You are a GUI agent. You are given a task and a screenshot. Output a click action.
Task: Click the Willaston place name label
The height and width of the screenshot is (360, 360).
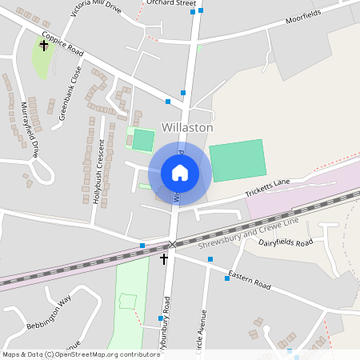point(187,127)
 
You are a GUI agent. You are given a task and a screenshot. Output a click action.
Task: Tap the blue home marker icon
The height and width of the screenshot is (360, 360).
point(180,173)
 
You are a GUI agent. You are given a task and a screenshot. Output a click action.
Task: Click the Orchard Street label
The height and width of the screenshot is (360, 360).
point(171,3)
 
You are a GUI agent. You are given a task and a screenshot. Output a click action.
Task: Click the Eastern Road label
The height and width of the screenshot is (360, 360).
point(250,280)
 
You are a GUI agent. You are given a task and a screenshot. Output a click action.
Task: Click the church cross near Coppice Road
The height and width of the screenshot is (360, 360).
point(43,46)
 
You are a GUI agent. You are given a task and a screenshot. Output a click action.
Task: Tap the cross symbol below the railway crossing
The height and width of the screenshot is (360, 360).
point(164,258)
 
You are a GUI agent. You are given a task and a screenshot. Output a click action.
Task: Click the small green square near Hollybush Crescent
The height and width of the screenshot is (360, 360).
point(142,140)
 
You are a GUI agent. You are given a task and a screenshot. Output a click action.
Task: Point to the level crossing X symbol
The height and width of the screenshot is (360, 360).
point(172,243)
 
